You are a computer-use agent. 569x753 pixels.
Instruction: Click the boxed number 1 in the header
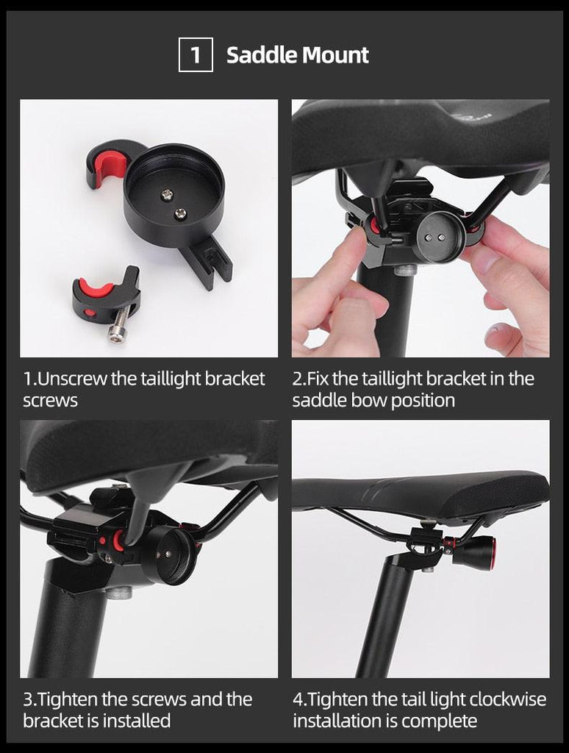tap(196, 55)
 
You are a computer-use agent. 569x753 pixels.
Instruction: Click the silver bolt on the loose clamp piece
tap(121, 324)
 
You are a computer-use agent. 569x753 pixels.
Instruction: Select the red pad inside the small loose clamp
tap(96, 287)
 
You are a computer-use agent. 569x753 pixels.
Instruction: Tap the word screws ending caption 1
tap(50, 401)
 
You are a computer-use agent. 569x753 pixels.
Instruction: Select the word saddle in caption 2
tap(318, 401)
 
